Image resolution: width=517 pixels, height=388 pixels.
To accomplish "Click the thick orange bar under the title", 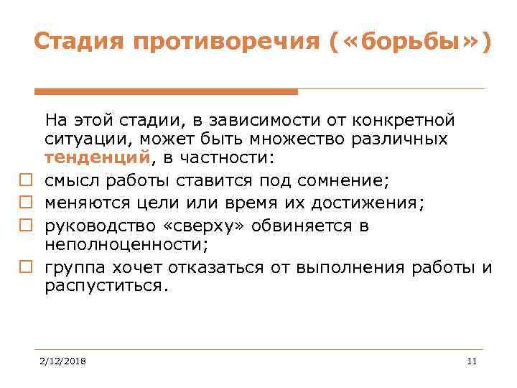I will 166,91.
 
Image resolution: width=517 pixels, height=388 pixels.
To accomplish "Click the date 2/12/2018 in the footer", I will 62,361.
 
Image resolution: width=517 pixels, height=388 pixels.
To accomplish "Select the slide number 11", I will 471,361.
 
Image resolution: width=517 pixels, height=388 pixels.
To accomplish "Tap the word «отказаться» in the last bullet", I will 217,268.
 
